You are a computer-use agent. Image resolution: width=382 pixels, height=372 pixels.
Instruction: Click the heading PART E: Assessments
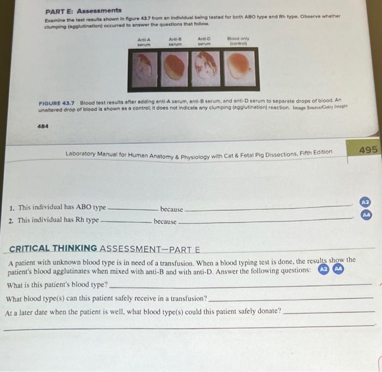click(83, 10)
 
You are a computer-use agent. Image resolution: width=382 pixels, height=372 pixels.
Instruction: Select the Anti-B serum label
click(175, 42)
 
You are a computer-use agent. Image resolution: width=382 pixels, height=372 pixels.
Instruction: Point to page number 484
click(42, 125)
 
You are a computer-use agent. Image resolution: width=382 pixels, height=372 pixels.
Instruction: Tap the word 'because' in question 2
click(165, 222)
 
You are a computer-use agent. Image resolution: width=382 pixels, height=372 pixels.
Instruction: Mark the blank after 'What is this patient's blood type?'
click(240, 285)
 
